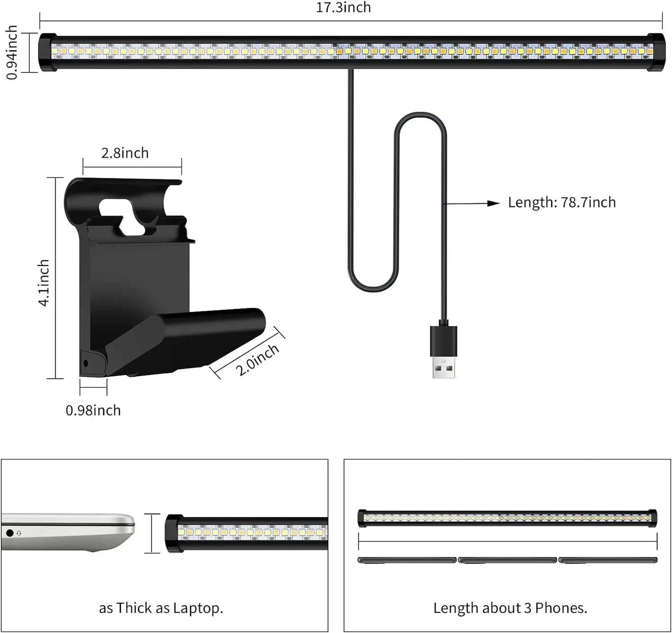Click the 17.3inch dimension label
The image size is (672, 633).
point(343,8)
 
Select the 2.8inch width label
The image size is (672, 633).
point(125,153)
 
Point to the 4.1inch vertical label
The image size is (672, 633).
point(44,283)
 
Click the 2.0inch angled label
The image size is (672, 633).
point(257,360)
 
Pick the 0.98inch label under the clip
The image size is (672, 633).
point(93,410)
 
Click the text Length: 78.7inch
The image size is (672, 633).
point(561,203)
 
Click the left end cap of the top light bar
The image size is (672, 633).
point(47,53)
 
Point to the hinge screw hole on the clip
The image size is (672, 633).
point(85,363)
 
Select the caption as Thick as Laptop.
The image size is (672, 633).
point(161,608)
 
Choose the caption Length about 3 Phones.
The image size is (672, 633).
point(510,608)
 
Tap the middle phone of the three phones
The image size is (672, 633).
point(507,560)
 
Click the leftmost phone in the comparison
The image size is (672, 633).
point(407,560)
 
